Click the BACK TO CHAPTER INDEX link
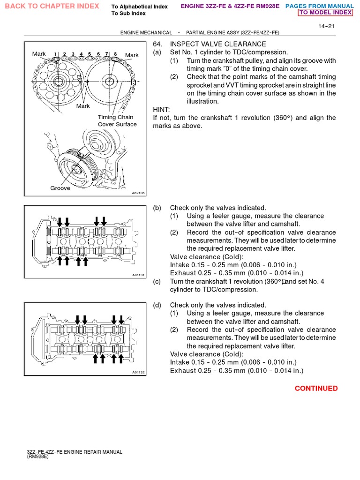point(52,6)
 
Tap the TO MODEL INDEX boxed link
point(326,13)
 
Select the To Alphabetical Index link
point(139,7)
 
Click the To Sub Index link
point(128,14)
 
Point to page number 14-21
point(326,26)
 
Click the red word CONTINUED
point(316,388)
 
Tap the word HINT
point(162,110)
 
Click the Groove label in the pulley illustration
point(60,188)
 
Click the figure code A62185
point(139,193)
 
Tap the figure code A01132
point(139,373)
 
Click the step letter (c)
point(157,281)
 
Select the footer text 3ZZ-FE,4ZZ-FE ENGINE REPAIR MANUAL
point(75,452)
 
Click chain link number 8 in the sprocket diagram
point(115,54)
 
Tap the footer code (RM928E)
point(37,457)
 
